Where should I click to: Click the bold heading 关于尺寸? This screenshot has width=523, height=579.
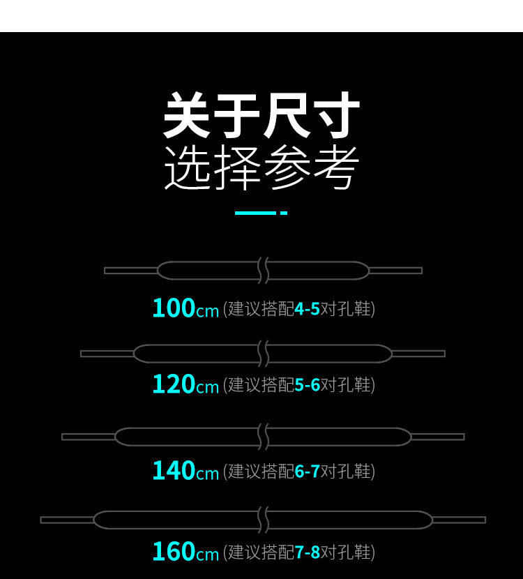(x=261, y=116)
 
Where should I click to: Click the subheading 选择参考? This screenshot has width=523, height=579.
(x=261, y=168)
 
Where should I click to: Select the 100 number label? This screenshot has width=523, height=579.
(x=174, y=308)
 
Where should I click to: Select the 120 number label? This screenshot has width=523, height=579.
(x=174, y=384)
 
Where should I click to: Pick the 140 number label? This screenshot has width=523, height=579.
(x=174, y=471)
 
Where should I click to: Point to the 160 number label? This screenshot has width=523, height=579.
(x=174, y=552)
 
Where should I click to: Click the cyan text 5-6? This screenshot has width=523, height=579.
(x=307, y=385)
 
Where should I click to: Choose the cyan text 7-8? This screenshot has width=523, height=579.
(x=307, y=552)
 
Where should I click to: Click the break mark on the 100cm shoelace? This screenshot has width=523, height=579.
(x=263, y=270)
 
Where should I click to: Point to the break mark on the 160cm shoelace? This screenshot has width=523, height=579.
(x=263, y=520)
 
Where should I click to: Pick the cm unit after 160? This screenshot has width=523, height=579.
(x=208, y=555)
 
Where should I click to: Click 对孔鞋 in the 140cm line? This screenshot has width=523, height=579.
(x=346, y=472)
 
